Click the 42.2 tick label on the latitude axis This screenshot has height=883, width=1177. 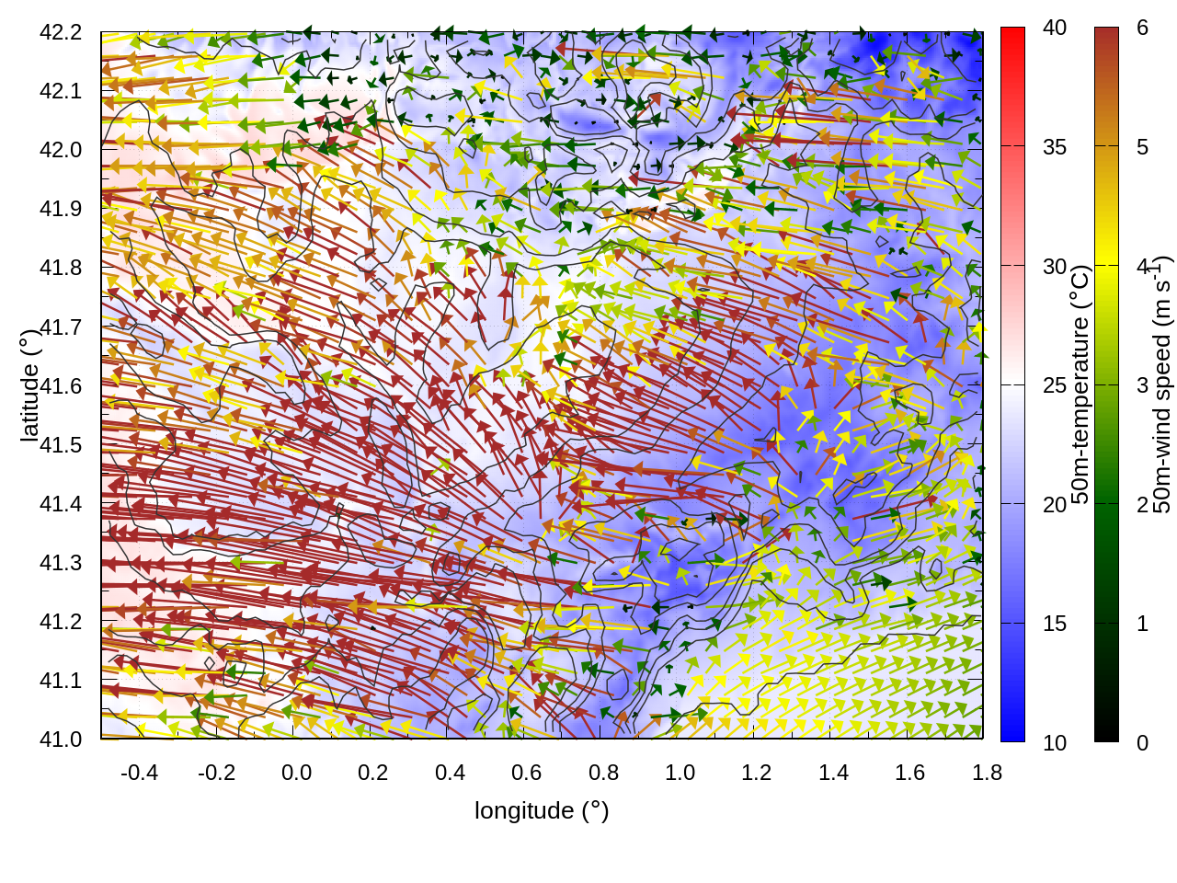[x=61, y=32]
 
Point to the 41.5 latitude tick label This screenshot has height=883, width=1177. [x=61, y=445]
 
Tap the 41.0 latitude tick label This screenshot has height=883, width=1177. [x=61, y=740]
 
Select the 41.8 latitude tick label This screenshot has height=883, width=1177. [x=61, y=268]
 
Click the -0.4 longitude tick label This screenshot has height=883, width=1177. [x=139, y=773]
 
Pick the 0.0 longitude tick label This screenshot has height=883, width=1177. [x=296, y=773]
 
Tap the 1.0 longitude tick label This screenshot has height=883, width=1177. [x=680, y=773]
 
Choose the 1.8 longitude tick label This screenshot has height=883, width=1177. [x=987, y=773]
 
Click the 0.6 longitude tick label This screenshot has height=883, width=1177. [x=526, y=773]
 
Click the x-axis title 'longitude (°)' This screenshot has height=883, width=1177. [x=542, y=810]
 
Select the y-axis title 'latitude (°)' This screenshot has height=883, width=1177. [x=30, y=385]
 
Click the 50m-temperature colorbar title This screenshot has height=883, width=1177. [x=1081, y=385]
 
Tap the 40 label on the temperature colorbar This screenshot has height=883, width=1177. [x=1055, y=29]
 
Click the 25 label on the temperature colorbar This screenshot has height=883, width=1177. [x=1055, y=385]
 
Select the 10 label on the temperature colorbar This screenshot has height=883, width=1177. [x=1055, y=742]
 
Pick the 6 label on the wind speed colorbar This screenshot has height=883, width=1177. [x=1142, y=29]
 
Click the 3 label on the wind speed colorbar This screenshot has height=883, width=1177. [x=1142, y=385]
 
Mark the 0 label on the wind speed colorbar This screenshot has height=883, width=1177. [x=1142, y=742]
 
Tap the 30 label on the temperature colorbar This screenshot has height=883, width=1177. [x=1055, y=267]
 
